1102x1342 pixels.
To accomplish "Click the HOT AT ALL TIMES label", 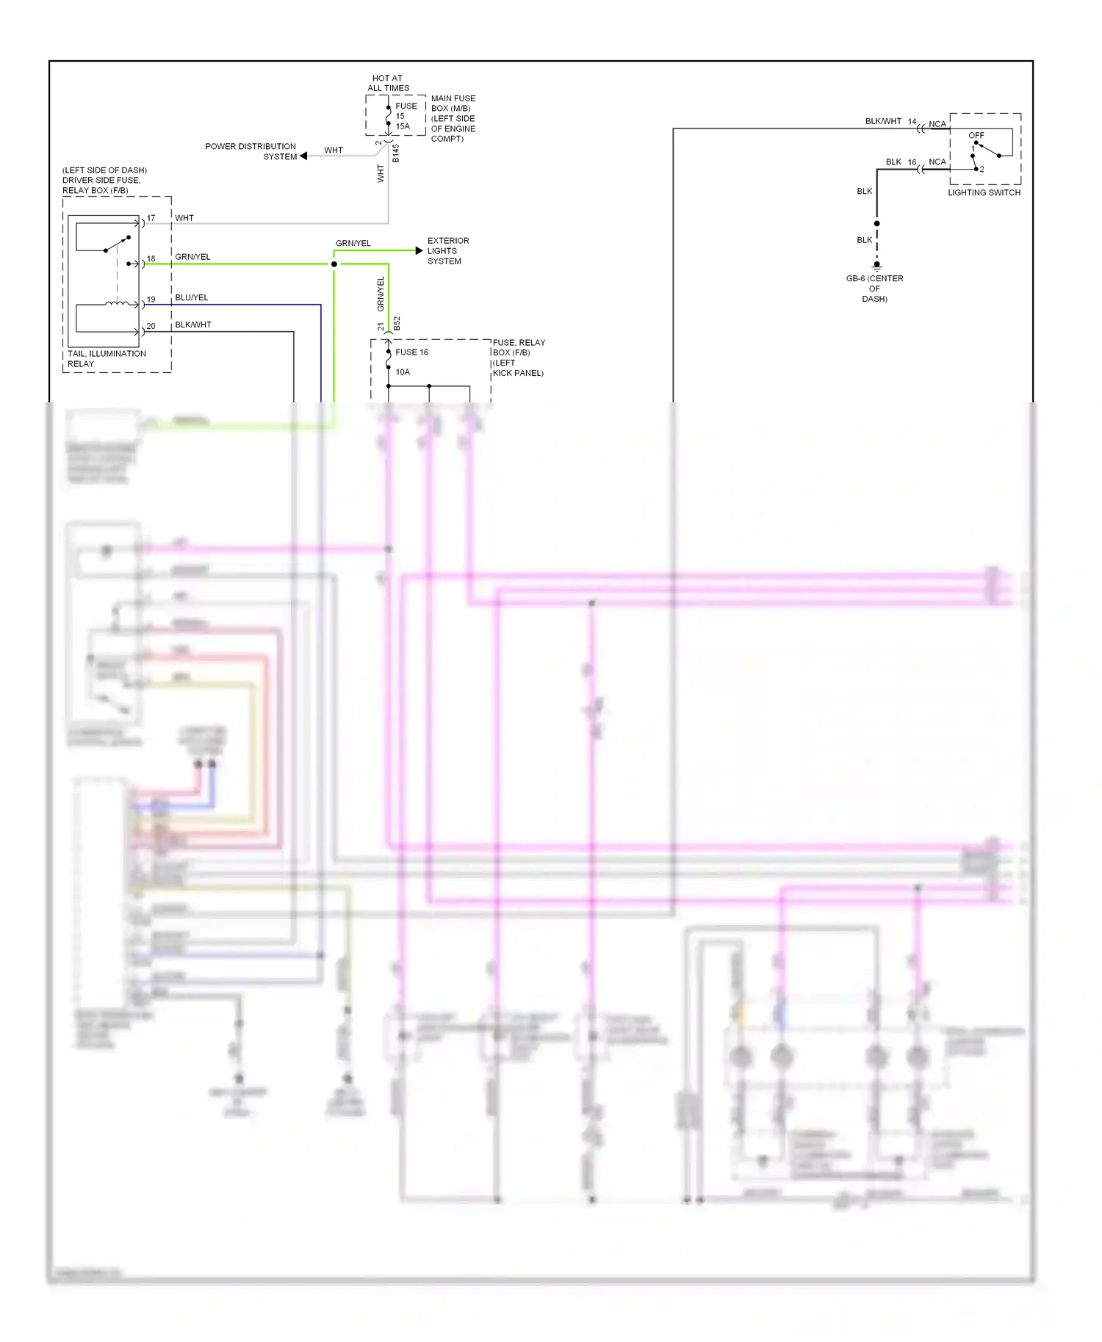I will [x=388, y=83].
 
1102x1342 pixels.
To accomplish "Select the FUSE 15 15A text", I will [x=405, y=116].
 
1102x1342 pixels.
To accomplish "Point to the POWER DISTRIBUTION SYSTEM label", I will [x=251, y=151].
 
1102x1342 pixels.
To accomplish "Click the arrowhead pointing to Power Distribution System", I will [x=303, y=156].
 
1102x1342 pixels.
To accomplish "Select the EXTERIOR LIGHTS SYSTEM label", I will [x=447, y=251].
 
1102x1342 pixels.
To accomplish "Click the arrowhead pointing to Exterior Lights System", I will [x=419, y=251].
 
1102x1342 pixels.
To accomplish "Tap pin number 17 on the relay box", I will [x=151, y=218].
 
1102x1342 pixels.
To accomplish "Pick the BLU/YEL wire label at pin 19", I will [x=192, y=297].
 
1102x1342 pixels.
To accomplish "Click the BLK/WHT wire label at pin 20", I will [x=193, y=324].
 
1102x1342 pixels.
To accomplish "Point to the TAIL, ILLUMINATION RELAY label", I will [x=107, y=358].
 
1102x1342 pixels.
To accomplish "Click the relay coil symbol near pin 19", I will [x=118, y=303].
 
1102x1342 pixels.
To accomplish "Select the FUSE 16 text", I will [x=411, y=352].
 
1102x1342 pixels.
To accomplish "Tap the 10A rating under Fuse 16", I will [x=403, y=372].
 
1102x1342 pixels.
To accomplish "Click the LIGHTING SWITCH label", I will [x=984, y=192].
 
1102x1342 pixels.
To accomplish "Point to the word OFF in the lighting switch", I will [x=976, y=135].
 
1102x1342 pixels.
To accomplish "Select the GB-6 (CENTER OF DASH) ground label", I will [x=874, y=289].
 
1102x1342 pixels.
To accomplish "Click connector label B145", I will [x=396, y=153].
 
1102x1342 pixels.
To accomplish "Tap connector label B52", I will [x=397, y=324].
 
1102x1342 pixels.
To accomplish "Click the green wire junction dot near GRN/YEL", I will [x=334, y=264].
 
